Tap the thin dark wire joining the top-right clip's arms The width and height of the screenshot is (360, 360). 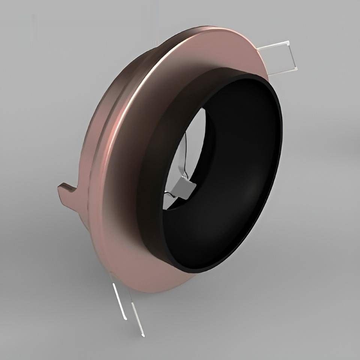(x=291, y=56)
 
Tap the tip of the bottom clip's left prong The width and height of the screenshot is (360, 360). (x=125, y=319)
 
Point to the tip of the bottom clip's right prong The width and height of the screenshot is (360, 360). (x=144, y=335)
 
